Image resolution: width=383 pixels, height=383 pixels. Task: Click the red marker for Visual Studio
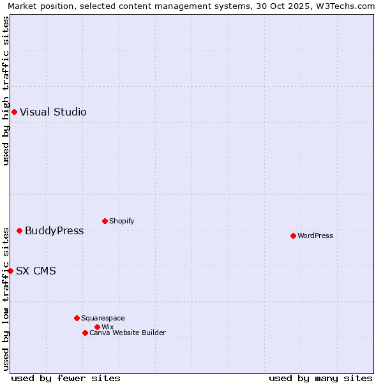(x=14, y=112)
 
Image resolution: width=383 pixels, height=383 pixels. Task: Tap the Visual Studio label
(x=53, y=112)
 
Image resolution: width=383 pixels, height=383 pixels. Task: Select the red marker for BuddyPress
(x=19, y=230)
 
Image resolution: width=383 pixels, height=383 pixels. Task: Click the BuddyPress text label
(x=54, y=230)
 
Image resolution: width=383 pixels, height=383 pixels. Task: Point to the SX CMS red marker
(x=10, y=271)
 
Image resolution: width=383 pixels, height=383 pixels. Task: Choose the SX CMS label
(x=36, y=271)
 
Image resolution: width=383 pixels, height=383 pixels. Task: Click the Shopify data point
(x=105, y=222)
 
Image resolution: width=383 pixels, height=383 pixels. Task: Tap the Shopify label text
(x=121, y=222)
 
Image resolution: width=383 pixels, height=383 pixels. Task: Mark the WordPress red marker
(x=293, y=236)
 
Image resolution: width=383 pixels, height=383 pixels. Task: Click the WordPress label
(x=315, y=236)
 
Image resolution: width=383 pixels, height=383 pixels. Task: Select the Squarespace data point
(x=77, y=318)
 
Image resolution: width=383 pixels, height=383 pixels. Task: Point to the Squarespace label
(x=103, y=318)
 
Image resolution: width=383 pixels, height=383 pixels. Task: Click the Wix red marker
(x=97, y=327)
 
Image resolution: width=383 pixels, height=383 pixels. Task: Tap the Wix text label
(x=107, y=327)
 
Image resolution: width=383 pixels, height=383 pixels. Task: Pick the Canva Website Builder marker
(x=85, y=333)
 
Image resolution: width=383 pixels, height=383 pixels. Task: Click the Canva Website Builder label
(x=127, y=333)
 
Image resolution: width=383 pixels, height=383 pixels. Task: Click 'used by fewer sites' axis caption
(x=66, y=378)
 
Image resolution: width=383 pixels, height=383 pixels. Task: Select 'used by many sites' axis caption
(x=320, y=378)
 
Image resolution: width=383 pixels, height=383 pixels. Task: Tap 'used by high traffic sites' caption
(x=6, y=91)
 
